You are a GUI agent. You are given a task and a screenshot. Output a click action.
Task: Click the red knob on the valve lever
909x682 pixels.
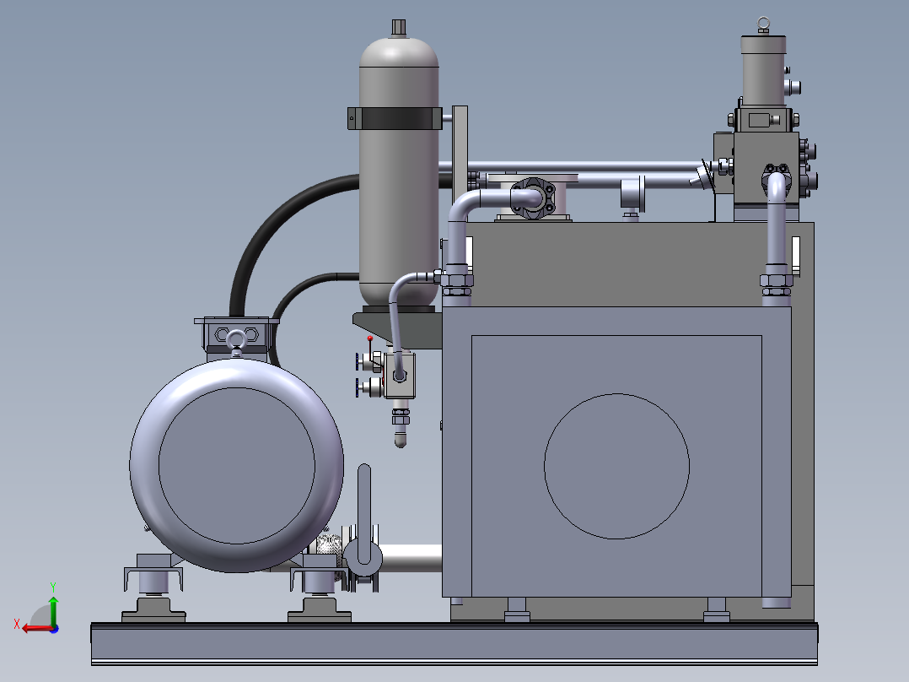click(370, 338)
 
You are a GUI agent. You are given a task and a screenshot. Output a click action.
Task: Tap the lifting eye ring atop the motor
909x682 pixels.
click(236, 338)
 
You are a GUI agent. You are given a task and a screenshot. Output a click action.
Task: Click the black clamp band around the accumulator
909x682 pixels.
click(395, 118)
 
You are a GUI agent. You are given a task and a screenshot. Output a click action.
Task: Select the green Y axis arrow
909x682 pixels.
click(53, 609)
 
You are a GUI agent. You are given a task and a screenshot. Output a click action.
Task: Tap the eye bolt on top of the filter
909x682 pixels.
click(763, 24)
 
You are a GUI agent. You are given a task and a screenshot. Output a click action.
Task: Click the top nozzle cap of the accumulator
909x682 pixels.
click(398, 28)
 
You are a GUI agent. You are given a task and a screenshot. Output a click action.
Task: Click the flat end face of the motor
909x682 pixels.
click(236, 466)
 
